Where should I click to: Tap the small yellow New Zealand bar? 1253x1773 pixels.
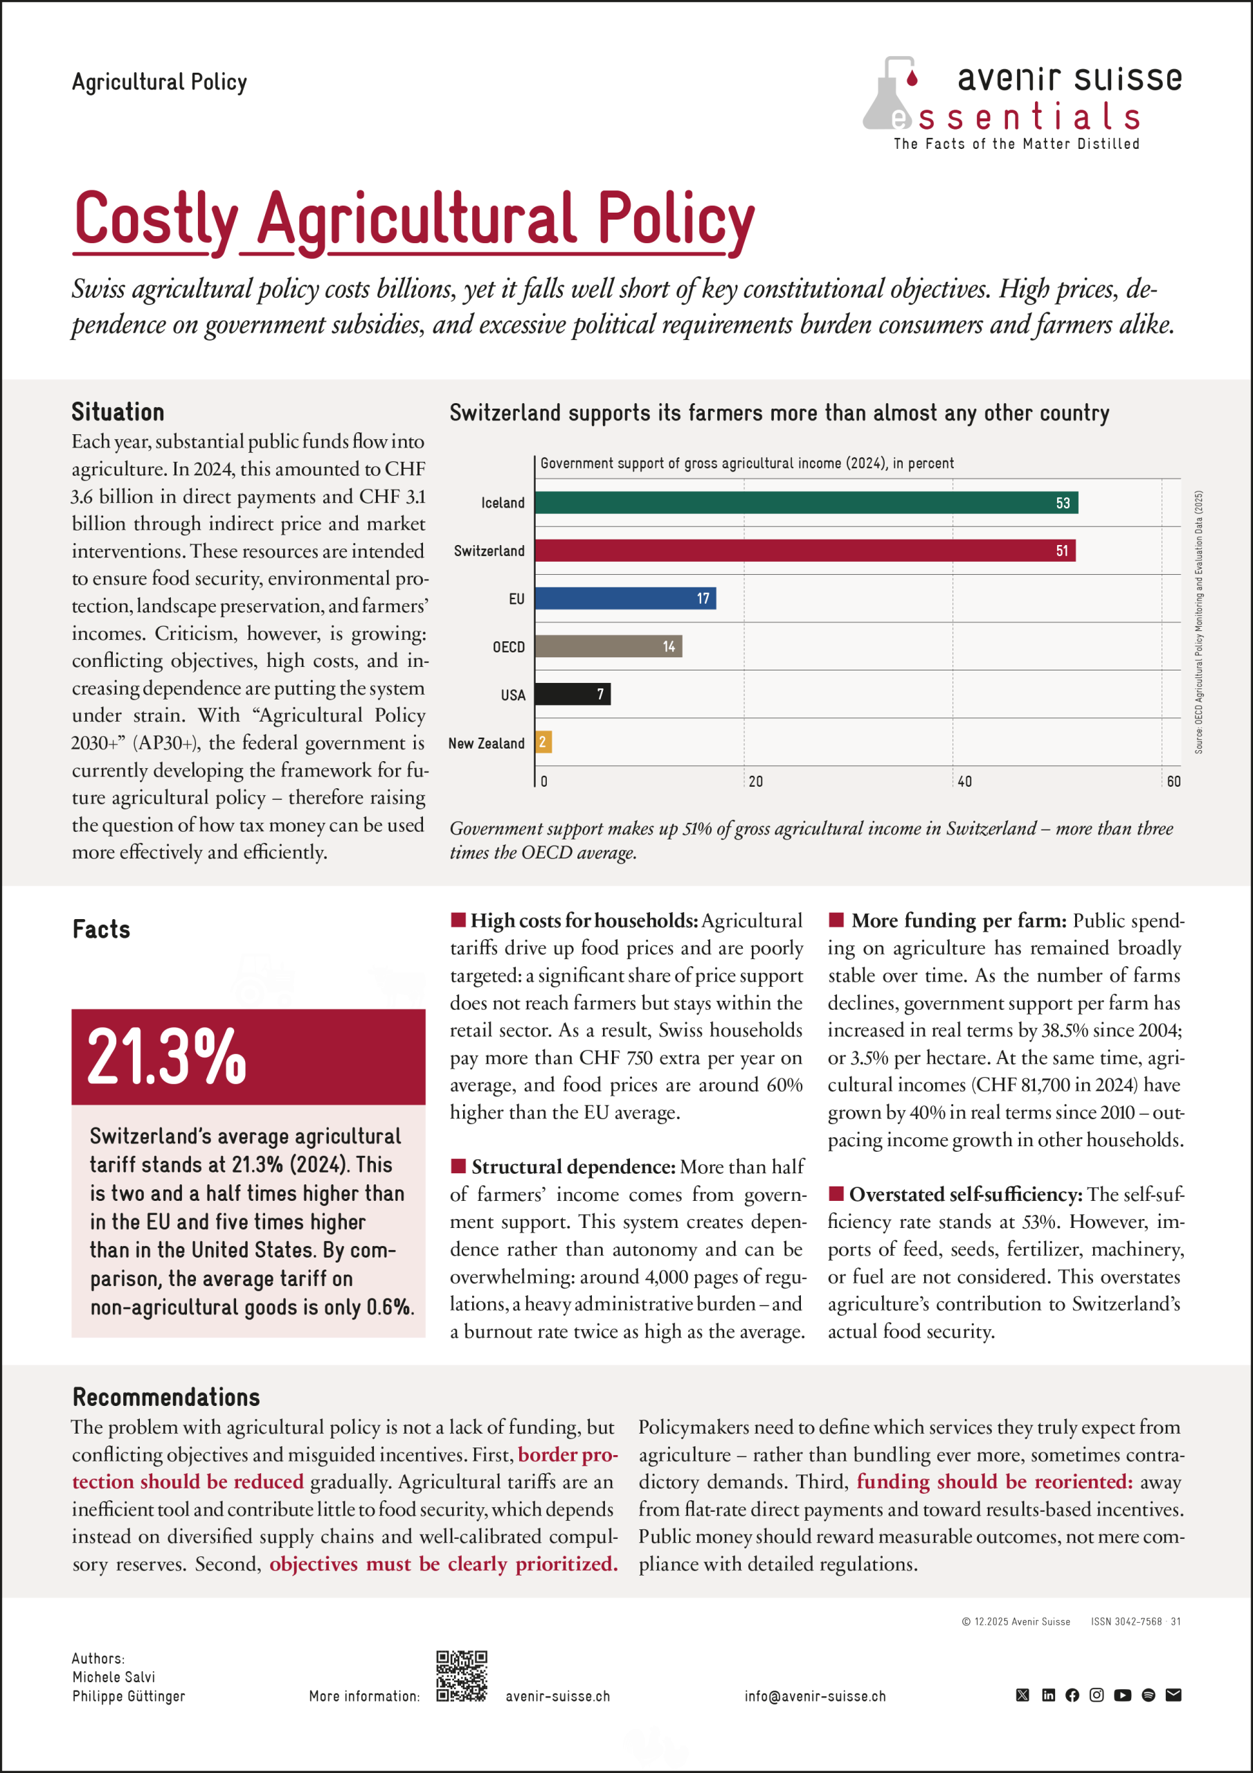pos(543,742)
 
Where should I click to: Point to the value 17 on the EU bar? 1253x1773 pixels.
pos(703,598)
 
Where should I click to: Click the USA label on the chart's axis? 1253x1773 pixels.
pos(513,695)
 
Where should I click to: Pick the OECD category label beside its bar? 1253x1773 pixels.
pos(509,647)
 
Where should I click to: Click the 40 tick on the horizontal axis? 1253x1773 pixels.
pos(964,781)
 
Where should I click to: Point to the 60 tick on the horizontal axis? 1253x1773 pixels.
pos(1173,781)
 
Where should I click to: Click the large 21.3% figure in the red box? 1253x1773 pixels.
pos(167,1056)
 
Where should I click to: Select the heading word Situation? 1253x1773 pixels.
pos(118,412)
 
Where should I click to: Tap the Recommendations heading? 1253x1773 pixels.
pos(166,1397)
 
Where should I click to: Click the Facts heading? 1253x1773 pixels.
pos(101,929)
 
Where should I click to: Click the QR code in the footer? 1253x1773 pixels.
pos(462,1677)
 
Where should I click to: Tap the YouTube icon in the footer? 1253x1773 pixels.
pos(1123,1695)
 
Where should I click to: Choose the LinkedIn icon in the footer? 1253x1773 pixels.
pos(1047,1695)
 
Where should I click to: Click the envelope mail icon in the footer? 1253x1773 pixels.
pos(1173,1695)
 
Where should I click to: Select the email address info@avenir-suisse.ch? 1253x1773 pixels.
pos(815,1697)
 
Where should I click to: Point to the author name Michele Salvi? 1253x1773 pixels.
pos(114,1677)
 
